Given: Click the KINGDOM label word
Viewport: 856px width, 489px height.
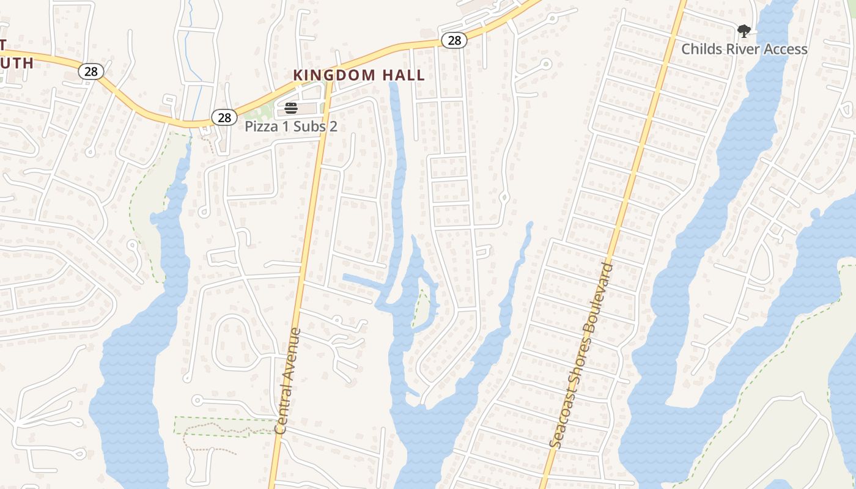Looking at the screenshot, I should (x=334, y=75).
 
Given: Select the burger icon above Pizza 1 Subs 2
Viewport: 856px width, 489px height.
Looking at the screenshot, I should (x=291, y=109).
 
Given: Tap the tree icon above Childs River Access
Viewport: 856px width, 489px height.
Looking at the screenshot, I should (x=743, y=31).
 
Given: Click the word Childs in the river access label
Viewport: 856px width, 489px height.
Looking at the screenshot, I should (x=701, y=49).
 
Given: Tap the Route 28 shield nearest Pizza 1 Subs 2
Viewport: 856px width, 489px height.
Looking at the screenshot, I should (x=224, y=117).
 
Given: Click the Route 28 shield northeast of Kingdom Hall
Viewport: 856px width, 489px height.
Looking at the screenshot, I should (x=454, y=41).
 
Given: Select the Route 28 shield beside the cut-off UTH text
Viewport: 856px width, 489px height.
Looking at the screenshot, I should (x=90, y=72).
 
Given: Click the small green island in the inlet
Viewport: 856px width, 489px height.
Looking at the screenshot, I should (x=421, y=308).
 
